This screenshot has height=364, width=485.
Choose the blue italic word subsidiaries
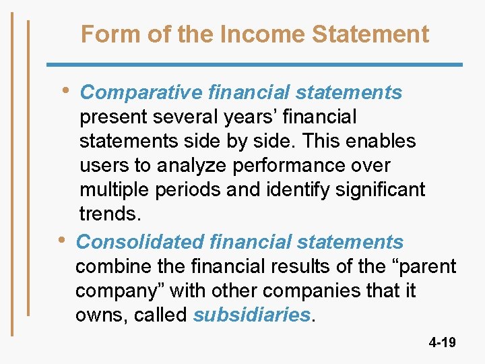(x=252, y=315)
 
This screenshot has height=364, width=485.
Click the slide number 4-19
(x=442, y=342)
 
